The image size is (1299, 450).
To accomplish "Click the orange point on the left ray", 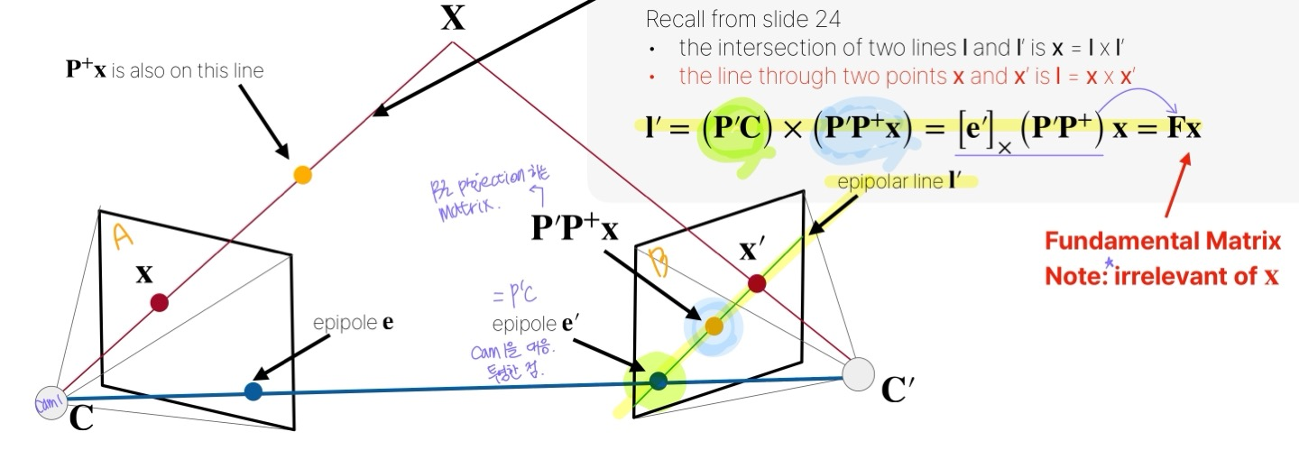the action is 303,175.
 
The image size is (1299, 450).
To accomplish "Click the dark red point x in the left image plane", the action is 160,303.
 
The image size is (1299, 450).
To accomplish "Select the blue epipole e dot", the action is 253,391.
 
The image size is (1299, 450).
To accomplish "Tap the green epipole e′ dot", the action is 659,381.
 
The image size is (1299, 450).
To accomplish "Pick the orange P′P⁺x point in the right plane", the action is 714,326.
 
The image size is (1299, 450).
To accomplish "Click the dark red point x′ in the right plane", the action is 757,284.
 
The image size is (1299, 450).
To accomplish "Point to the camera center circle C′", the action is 859,373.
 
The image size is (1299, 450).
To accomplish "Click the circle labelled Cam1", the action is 51,402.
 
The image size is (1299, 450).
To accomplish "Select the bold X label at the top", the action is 453,19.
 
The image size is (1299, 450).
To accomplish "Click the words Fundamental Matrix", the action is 1163,242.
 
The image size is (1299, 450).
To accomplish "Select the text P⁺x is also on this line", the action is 165,70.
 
